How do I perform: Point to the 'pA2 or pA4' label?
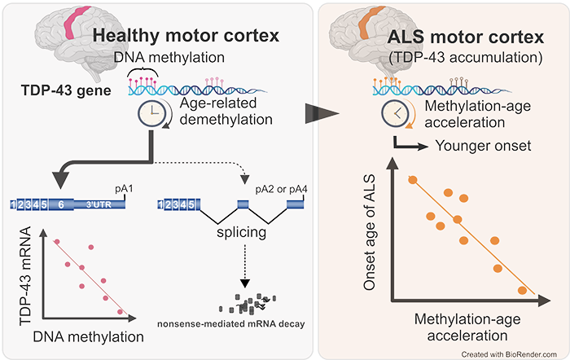[x=281, y=188]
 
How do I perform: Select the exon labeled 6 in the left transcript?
[x=61, y=205]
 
